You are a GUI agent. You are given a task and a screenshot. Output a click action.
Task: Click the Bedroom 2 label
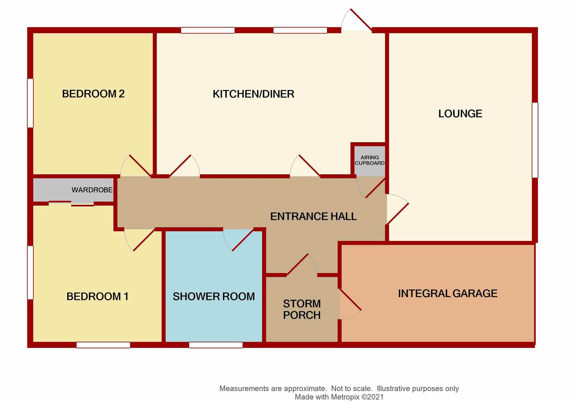[93, 94]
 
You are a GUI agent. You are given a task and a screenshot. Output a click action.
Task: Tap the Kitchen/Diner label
[254, 94]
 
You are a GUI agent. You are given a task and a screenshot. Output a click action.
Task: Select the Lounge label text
[460, 114]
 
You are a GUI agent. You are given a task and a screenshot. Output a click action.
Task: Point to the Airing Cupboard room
[370, 161]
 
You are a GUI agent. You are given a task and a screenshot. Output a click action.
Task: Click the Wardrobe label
[92, 190]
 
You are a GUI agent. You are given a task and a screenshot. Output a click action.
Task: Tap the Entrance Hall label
[313, 216]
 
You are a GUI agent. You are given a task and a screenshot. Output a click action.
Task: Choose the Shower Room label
[214, 296]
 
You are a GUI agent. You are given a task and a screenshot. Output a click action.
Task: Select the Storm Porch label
[302, 309]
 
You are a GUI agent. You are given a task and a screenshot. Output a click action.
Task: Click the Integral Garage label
[447, 293]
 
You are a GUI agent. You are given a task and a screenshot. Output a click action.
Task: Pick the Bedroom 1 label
[97, 296]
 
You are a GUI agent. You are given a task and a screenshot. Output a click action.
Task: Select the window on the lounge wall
[535, 140]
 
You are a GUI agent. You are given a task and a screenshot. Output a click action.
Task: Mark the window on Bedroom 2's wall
[30, 103]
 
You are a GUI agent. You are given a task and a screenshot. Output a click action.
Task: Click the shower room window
[216, 345]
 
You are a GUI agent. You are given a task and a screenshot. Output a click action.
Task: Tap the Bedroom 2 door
[136, 166]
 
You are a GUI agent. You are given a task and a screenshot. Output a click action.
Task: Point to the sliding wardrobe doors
[71, 203]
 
